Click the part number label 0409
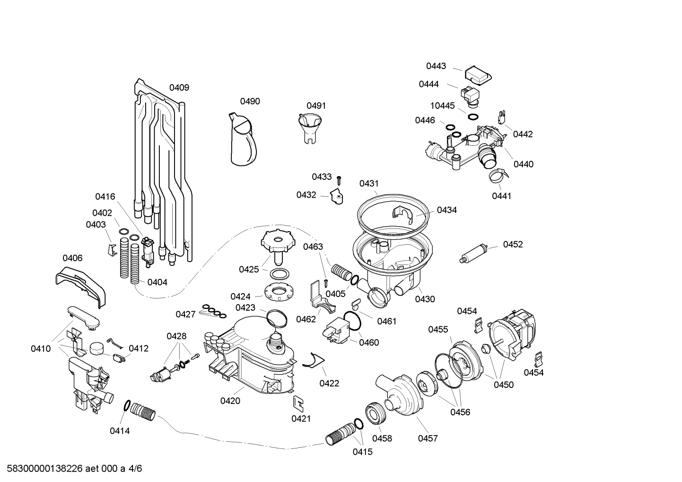(x=179, y=88)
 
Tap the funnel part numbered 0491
(x=310, y=128)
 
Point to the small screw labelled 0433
(x=339, y=181)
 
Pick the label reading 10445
(x=442, y=105)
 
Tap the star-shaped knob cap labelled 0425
(x=278, y=245)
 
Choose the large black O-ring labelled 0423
(x=277, y=318)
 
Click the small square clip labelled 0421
(x=298, y=404)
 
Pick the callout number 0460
(x=369, y=342)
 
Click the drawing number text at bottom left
(x=74, y=468)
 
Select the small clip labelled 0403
(x=112, y=250)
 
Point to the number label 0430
(x=425, y=299)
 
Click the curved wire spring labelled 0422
(x=314, y=361)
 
